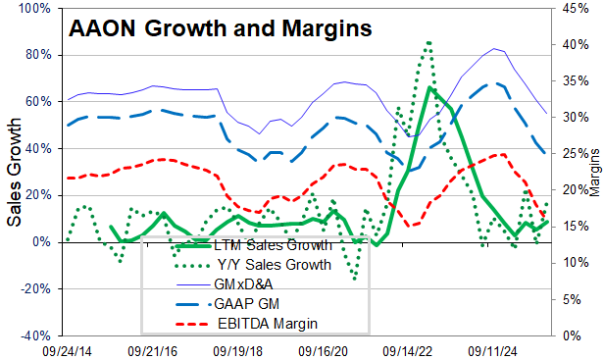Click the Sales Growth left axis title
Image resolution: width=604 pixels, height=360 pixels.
[16, 173]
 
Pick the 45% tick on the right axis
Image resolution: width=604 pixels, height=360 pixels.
[575, 9]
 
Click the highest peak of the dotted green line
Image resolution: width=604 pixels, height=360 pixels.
[428, 42]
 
